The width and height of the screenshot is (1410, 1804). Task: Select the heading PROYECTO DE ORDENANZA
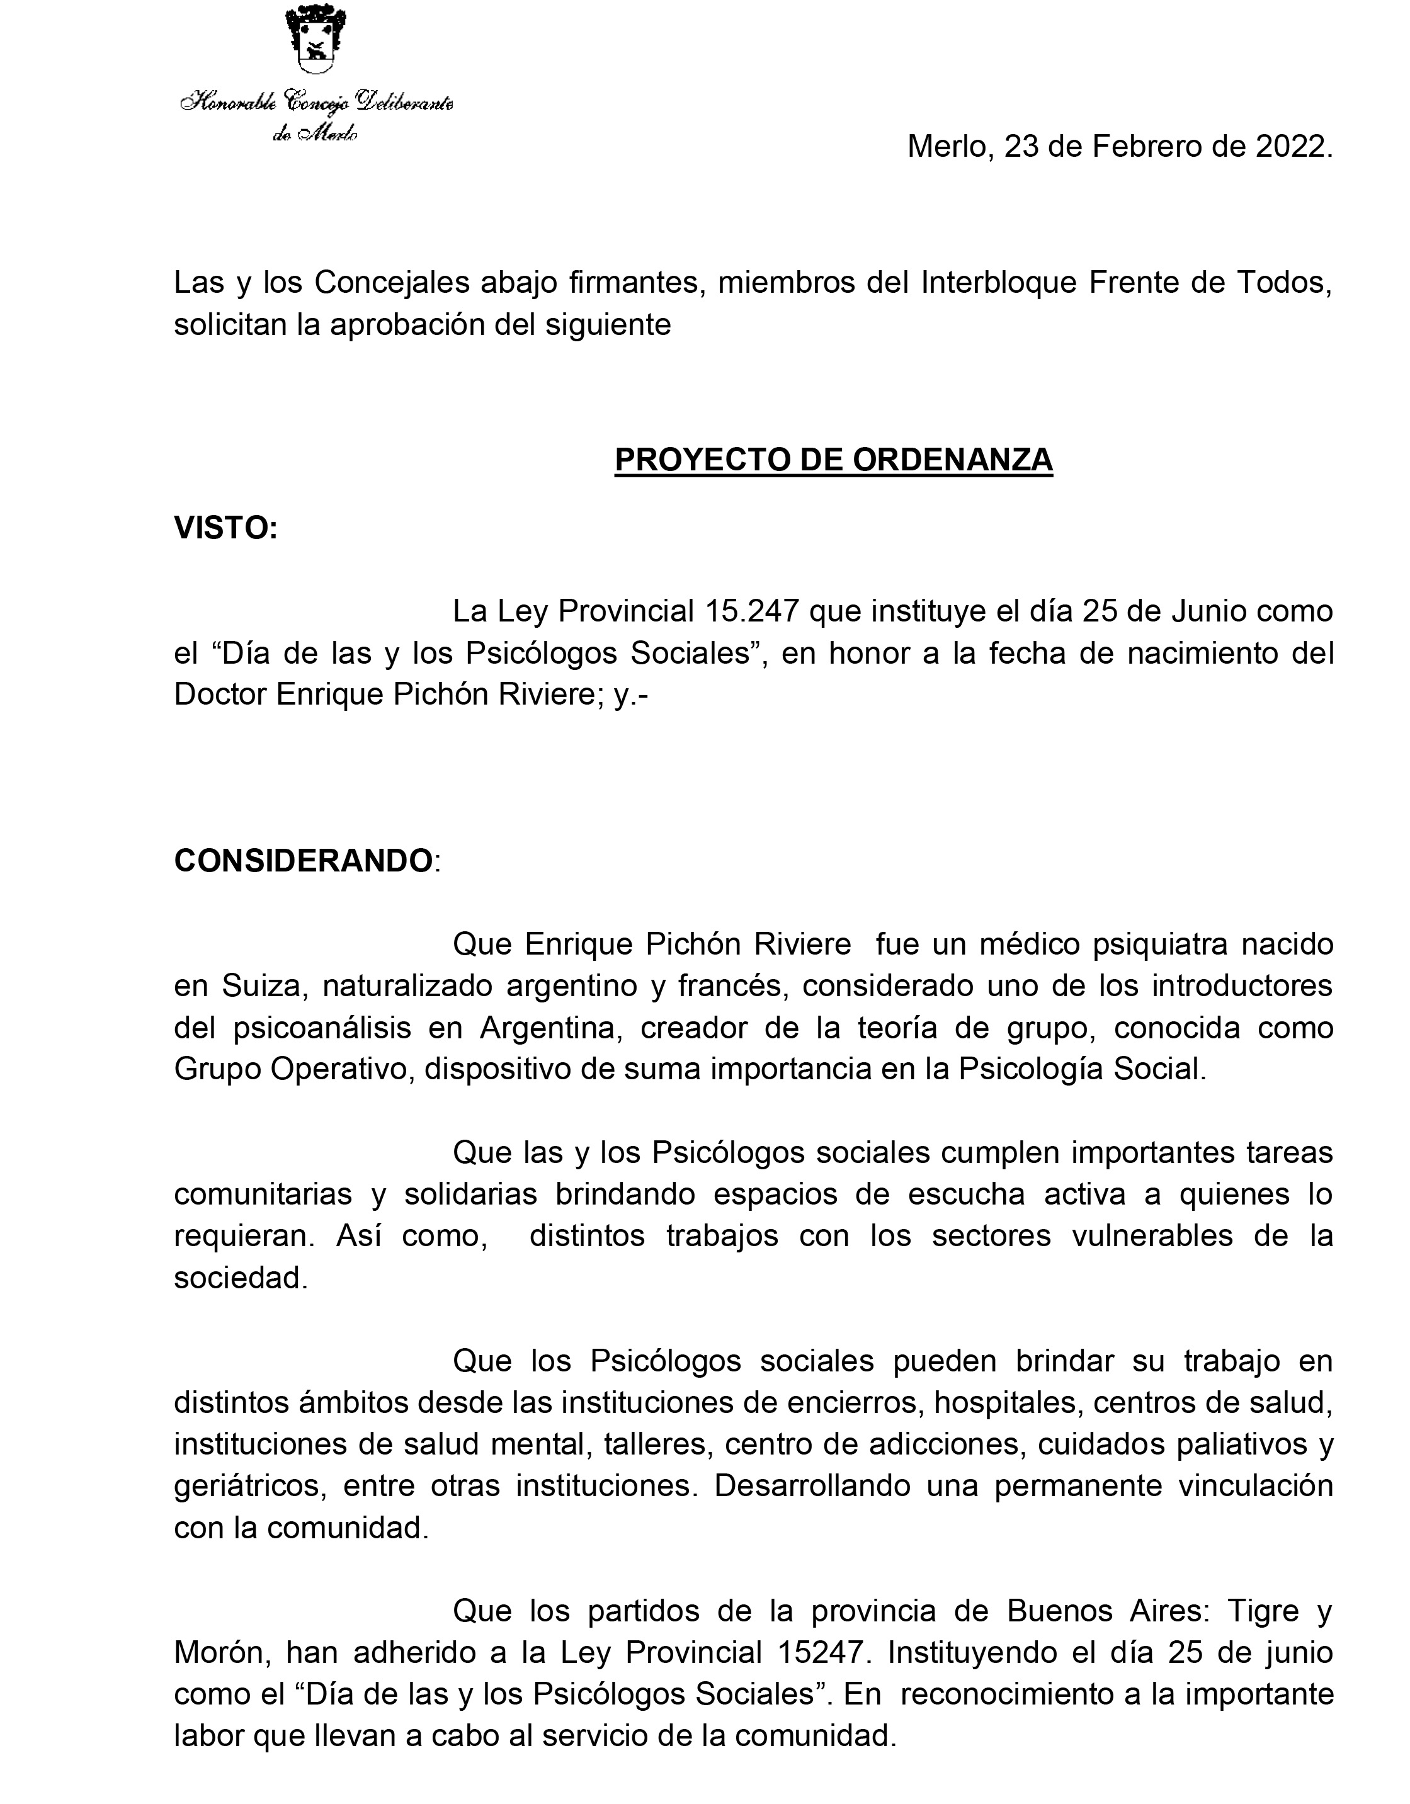(x=833, y=459)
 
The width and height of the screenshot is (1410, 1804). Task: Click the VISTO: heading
(x=225, y=529)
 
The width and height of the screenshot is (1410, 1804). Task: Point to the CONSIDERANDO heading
(x=303, y=861)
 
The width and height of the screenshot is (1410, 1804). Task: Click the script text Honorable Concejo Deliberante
(x=316, y=103)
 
